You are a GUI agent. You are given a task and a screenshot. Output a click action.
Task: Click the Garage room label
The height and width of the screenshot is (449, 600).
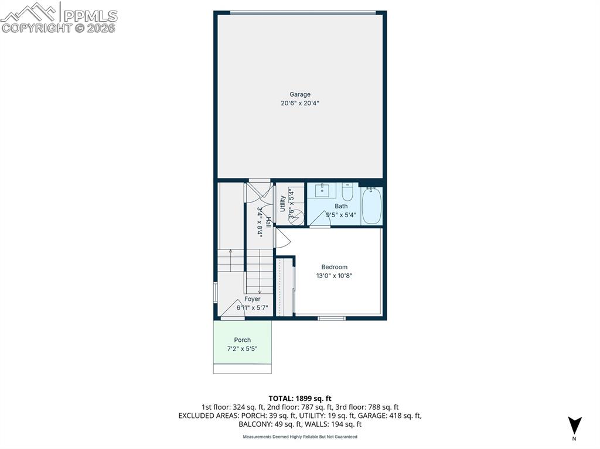pyautogui.click(x=299, y=94)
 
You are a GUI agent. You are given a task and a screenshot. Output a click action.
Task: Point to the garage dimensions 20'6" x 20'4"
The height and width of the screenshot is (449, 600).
pyautogui.click(x=299, y=103)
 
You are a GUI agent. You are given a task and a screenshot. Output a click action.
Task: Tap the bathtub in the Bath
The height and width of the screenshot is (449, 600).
pyautogui.click(x=371, y=205)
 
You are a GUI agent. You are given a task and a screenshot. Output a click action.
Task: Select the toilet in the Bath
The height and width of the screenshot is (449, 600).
pyautogui.click(x=347, y=192)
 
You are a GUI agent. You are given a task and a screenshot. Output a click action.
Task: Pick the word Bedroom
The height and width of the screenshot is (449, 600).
pyautogui.click(x=334, y=267)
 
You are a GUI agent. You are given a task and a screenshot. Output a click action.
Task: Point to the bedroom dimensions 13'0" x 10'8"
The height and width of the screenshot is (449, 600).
pyautogui.click(x=334, y=276)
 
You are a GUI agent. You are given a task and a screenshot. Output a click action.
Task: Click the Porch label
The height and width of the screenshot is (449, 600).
pyautogui.click(x=242, y=340)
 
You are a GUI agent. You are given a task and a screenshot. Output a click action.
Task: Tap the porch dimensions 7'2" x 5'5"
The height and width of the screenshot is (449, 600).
pyautogui.click(x=242, y=349)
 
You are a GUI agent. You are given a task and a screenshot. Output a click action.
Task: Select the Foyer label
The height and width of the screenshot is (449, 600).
pyautogui.click(x=252, y=299)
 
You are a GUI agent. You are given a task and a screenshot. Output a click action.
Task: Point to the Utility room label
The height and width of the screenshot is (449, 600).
pyautogui.click(x=282, y=203)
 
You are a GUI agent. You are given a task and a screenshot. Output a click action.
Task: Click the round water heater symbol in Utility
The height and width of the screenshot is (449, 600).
pyautogui.click(x=295, y=216)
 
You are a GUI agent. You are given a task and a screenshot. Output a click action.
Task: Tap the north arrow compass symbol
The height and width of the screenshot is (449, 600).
pyautogui.click(x=574, y=424)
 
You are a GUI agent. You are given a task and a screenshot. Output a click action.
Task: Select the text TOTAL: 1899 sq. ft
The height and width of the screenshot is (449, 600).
pyautogui.click(x=299, y=399)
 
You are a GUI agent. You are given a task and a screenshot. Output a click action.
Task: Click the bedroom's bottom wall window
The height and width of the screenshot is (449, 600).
pyautogui.click(x=332, y=318)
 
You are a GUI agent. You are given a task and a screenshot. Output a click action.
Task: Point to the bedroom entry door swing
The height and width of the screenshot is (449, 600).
pyautogui.click(x=282, y=237)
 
